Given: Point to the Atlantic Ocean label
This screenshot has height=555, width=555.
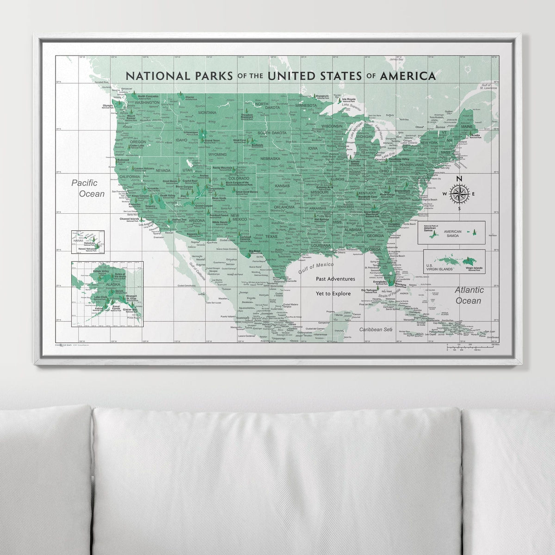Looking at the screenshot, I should (469, 295).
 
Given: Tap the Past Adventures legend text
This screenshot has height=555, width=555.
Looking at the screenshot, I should (335, 279).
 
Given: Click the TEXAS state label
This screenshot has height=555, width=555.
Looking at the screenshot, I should (271, 236).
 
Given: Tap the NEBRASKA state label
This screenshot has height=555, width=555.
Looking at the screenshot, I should (271, 159).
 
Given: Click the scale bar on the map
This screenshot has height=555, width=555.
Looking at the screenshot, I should (472, 346).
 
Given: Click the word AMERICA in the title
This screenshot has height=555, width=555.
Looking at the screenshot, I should (407, 75).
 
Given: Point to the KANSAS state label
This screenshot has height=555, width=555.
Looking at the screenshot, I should (282, 186).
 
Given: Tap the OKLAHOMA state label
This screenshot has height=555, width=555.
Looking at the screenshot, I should (284, 208).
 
